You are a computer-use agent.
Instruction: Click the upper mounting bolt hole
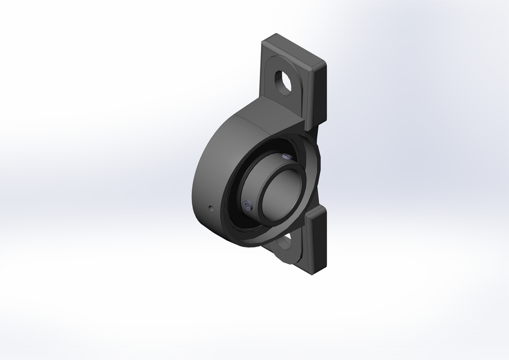tap(283, 81)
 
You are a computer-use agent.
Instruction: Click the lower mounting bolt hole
tap(285, 242)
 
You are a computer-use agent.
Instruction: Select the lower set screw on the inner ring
tap(248, 206)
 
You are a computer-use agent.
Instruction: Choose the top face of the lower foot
tap(314, 211)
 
